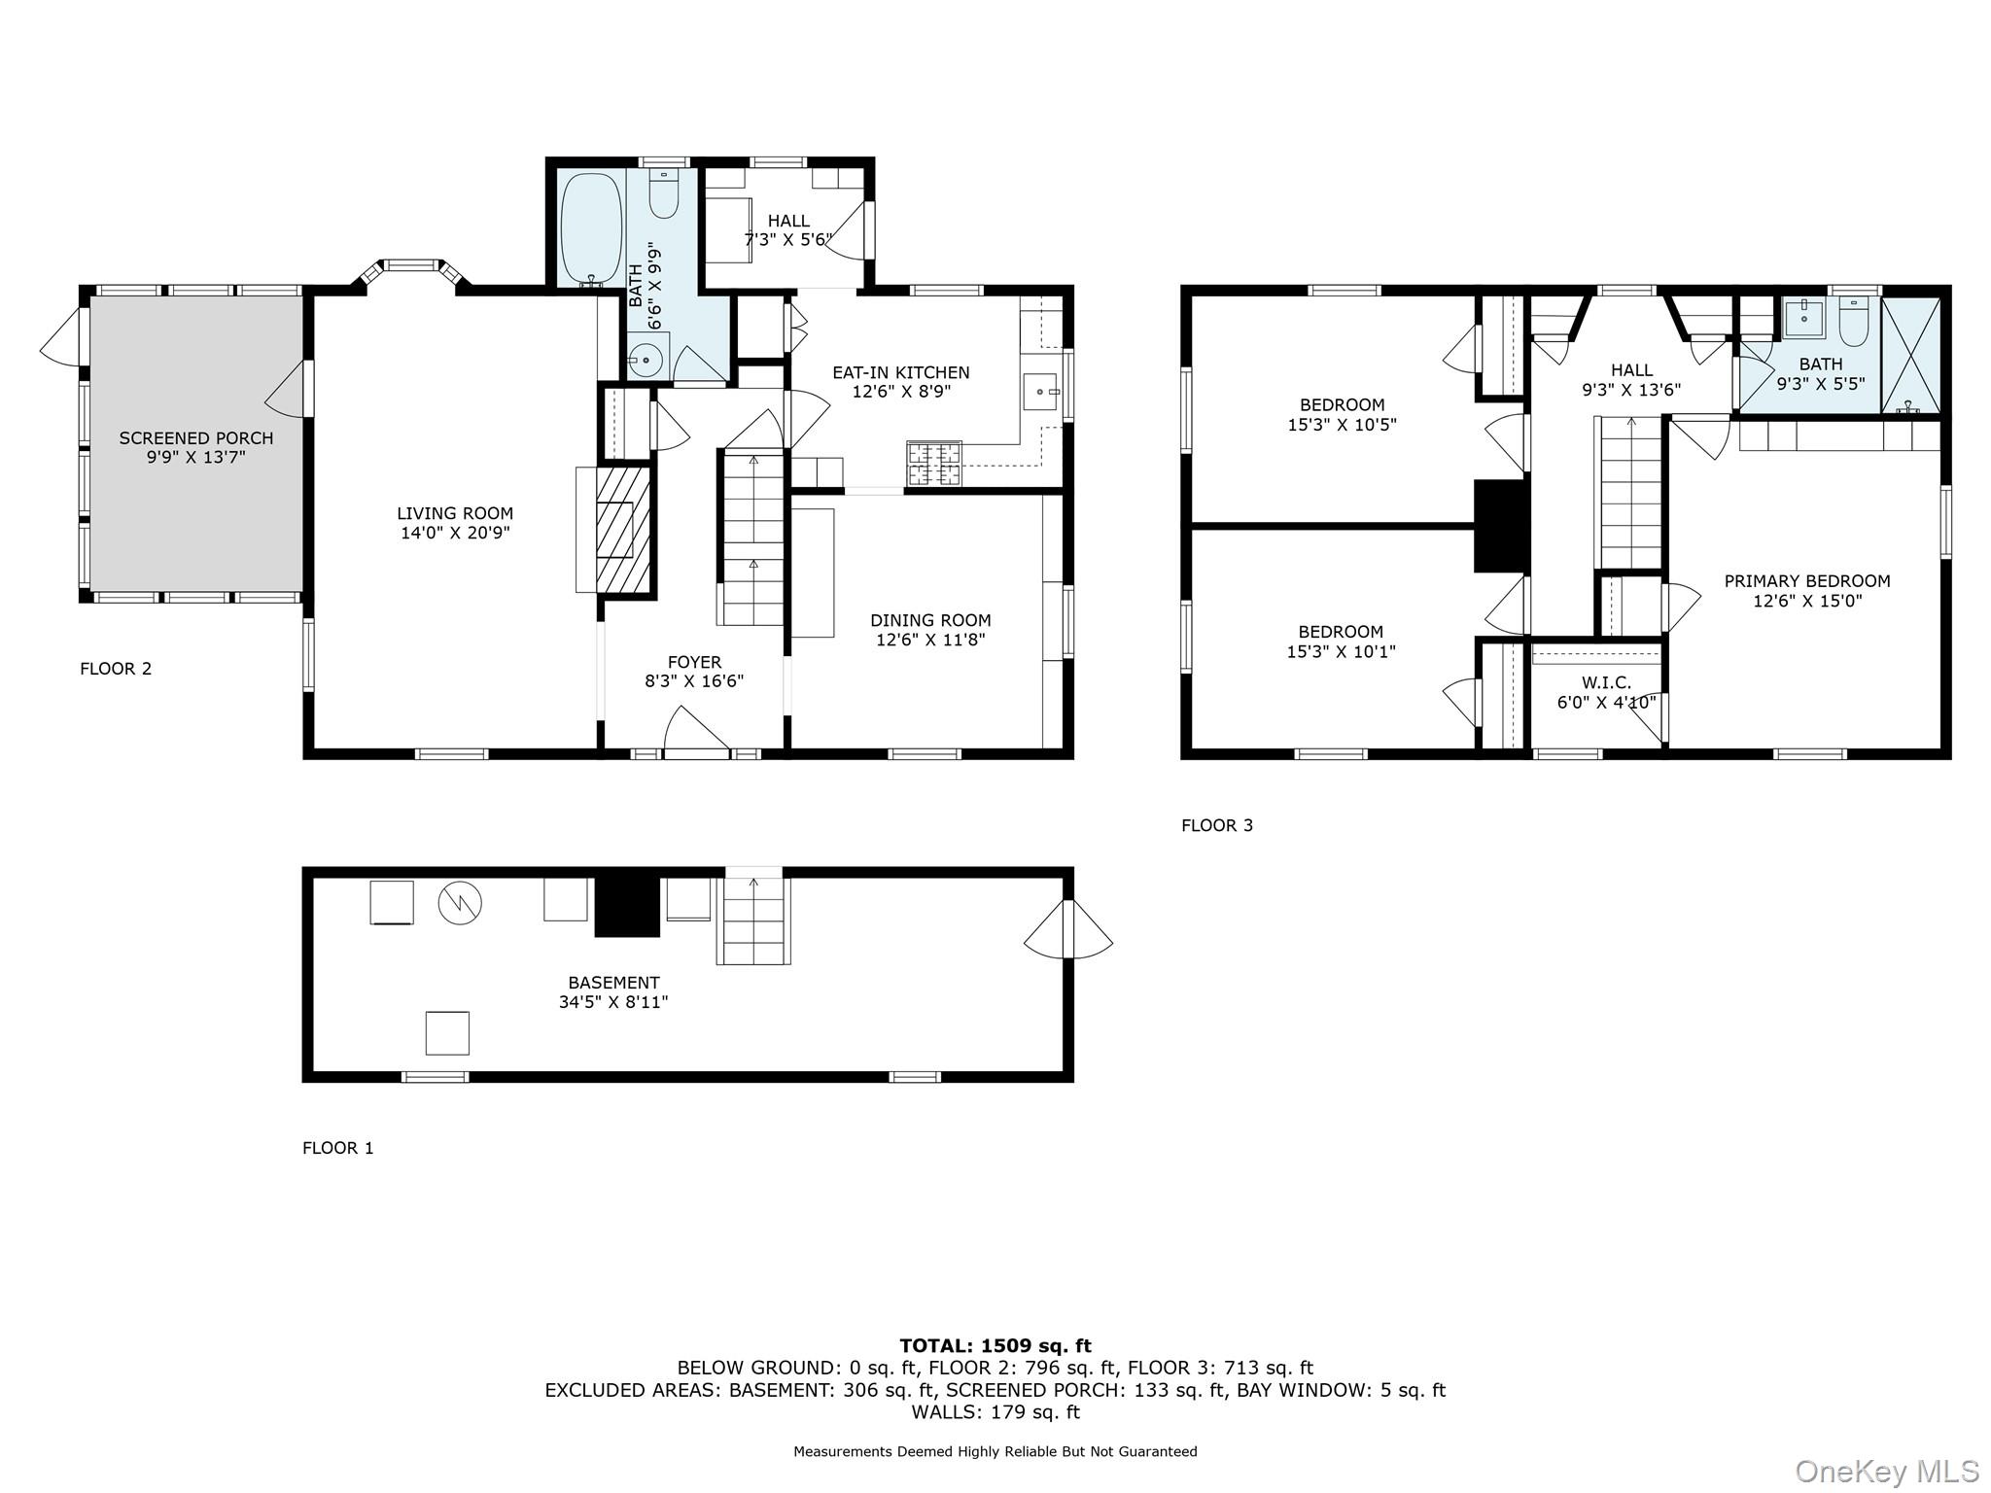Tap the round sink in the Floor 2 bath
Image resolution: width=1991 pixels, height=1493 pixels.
point(646,360)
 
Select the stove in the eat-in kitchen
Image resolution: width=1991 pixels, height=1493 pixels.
point(934,463)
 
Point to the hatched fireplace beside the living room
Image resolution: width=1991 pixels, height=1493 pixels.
point(622,529)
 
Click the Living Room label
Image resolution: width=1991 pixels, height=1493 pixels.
point(454,513)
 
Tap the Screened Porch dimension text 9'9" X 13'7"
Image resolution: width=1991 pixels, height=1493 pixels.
point(195,457)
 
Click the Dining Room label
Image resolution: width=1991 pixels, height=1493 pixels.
point(930,620)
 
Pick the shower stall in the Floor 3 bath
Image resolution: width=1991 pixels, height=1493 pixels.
point(1911,356)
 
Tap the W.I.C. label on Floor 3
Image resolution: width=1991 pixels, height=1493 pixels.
point(1606,682)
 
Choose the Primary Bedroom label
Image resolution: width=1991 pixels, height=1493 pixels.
point(1806,581)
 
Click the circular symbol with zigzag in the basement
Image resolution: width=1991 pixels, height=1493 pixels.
point(460,903)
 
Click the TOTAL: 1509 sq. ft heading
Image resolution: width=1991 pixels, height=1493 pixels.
point(995,1345)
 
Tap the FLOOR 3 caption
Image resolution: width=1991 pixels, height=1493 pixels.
point(1216,825)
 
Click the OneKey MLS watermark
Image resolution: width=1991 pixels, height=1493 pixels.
point(1886,1471)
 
